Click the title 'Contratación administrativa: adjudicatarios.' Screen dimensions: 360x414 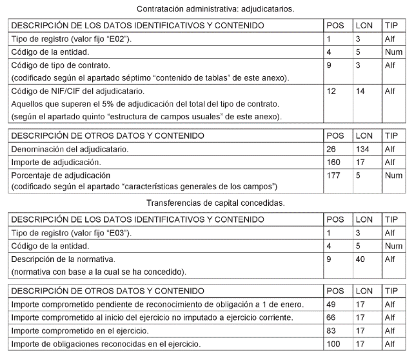206,10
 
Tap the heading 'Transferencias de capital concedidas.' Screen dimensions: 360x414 206,203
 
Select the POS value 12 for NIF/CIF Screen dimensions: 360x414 332,92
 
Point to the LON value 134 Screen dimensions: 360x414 362,149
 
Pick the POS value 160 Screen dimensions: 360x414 334,162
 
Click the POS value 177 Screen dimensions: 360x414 334,175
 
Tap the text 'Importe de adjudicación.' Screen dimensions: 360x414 57,162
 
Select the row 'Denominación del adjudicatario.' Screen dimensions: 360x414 70,149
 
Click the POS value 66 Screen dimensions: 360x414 332,317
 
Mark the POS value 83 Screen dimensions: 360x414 332,330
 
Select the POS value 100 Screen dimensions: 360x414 334,343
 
